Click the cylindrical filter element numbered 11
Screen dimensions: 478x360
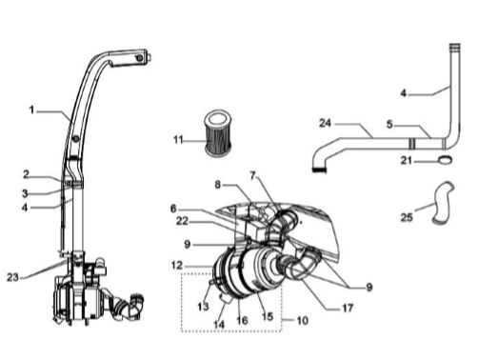218,133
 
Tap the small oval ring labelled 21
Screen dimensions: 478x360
446,160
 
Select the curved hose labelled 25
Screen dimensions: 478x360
443,203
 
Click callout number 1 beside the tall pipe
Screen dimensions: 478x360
31,110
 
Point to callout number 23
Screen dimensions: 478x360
12,277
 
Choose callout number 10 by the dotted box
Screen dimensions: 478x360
303,320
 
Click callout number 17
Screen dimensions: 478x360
348,308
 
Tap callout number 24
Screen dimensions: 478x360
325,123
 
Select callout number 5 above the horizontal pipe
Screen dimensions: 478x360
389,124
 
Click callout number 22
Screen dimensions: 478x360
182,221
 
